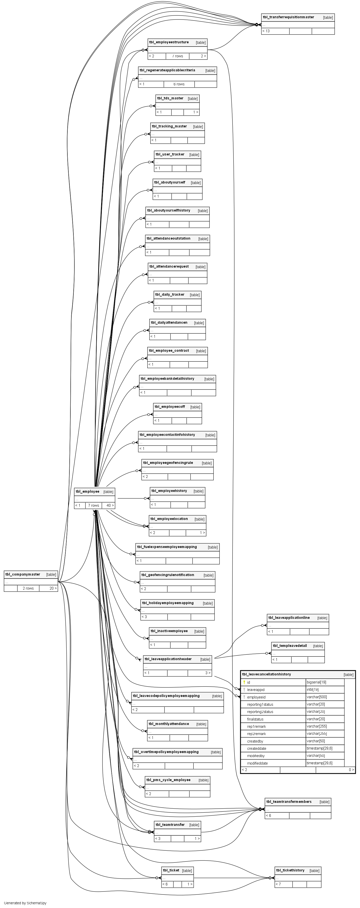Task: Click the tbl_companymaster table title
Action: tap(23, 574)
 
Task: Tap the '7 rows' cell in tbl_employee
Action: tap(93, 505)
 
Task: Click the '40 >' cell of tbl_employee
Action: tap(110, 505)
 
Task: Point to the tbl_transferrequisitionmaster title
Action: tap(288, 17)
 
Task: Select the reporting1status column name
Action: tap(260, 704)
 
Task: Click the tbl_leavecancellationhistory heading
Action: tap(266, 674)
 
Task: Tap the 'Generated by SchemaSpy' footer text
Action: tap(25, 903)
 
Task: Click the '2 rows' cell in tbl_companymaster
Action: tap(28, 588)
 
